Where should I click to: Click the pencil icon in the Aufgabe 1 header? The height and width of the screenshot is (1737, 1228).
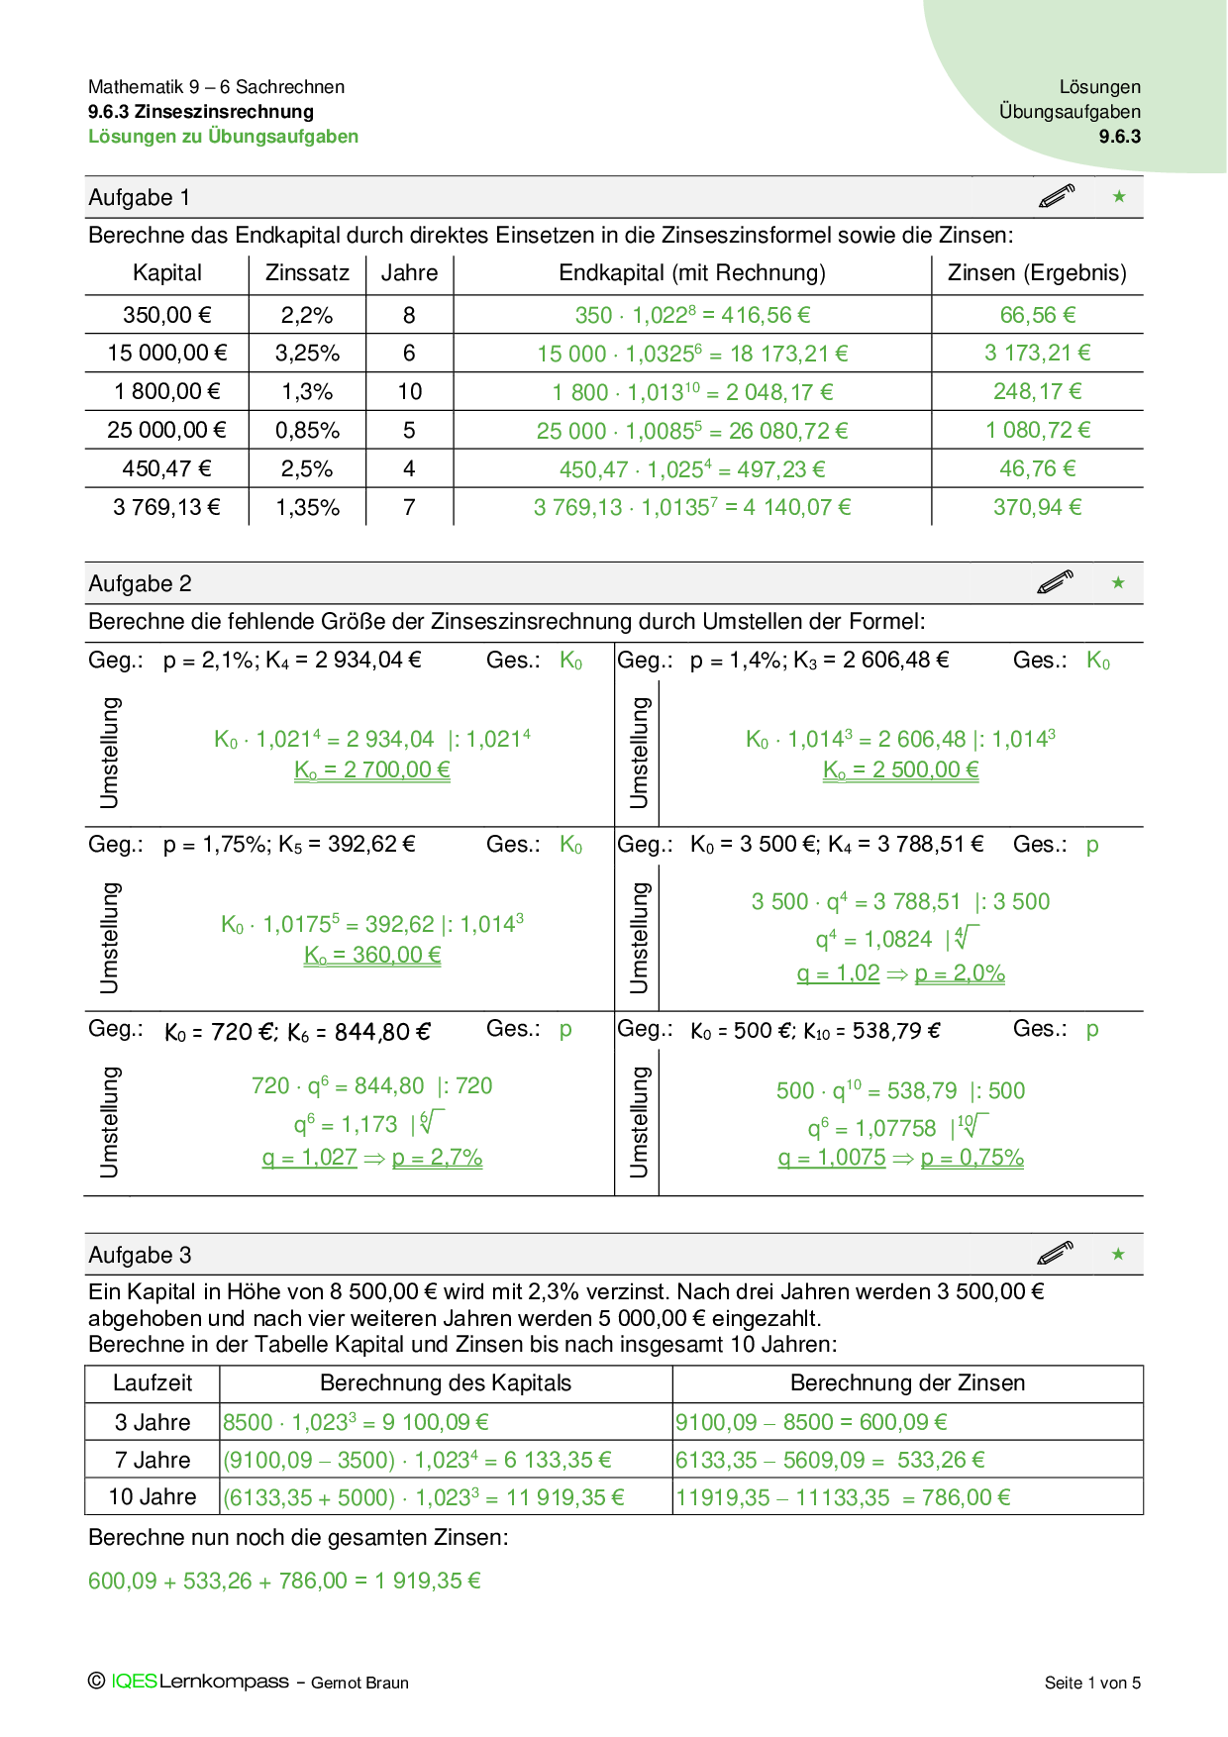[1057, 196]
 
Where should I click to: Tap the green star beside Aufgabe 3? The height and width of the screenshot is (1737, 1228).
[1118, 1254]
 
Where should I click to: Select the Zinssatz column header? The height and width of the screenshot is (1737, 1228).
[307, 273]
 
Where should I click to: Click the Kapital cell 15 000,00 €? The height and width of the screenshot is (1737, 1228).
[167, 353]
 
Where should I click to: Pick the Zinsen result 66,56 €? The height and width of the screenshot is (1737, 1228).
[1037, 315]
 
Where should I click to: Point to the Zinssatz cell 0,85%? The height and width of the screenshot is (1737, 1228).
[307, 430]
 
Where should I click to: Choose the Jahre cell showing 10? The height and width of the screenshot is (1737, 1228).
[410, 391]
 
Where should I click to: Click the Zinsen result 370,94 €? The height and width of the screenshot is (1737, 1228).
[1037, 507]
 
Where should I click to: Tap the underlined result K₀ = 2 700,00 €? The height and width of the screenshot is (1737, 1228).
[372, 769]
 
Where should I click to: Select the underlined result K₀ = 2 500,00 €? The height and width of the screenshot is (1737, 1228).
[900, 769]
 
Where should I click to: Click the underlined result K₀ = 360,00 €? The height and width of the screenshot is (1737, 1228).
[372, 955]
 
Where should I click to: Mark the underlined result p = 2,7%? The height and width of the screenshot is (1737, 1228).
[437, 1157]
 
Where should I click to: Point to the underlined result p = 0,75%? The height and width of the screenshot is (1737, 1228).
[972, 1157]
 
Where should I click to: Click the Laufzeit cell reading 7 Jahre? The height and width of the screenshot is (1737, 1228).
[153, 1460]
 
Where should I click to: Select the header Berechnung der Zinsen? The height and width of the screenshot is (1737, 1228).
[907, 1382]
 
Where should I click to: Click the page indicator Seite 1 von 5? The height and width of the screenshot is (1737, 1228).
[1092, 1683]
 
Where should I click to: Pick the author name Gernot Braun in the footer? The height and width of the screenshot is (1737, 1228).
[359, 1683]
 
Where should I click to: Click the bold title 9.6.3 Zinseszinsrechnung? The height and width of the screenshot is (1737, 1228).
[201, 112]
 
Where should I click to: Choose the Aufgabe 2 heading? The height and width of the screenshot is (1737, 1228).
[140, 583]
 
